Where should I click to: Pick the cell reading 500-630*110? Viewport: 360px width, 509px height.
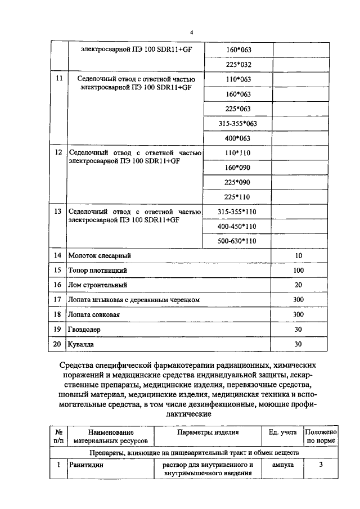pos(237,241)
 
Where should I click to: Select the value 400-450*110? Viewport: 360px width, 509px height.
pos(237,226)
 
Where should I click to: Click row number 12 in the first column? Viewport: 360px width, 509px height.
pos(57,152)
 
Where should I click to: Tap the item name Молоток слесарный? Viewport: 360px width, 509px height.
pos(99,256)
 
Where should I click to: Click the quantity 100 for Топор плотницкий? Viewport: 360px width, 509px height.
pos(298,271)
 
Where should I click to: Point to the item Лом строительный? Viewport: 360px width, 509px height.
pos(97,285)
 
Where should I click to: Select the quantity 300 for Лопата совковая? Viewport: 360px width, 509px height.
pos(298,314)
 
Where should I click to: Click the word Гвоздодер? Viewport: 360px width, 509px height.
pos(84,329)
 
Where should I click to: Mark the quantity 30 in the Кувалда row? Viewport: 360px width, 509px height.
pos(298,344)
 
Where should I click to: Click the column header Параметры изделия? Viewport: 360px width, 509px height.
pos(208,433)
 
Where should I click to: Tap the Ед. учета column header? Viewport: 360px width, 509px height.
pos(282,433)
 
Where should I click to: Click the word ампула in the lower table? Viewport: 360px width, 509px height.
pos(282,465)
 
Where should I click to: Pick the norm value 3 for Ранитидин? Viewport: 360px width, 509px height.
pos(321,465)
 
